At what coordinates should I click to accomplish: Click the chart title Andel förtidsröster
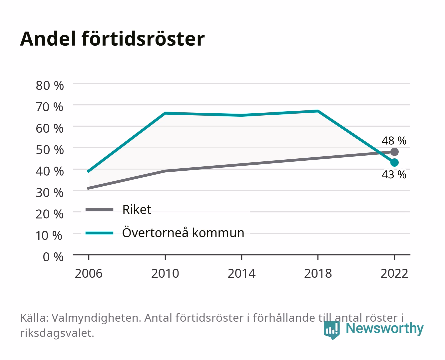(x=112, y=39)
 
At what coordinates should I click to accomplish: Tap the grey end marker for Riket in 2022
(x=394, y=152)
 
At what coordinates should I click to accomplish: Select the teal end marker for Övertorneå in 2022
(x=394, y=162)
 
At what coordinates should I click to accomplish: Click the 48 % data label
(x=394, y=141)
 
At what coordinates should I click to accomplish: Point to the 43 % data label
(x=394, y=175)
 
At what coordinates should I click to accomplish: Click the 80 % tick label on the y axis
(x=50, y=86)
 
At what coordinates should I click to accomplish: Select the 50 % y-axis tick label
(x=50, y=150)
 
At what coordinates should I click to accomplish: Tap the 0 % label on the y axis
(x=53, y=257)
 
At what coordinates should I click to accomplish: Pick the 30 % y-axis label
(x=50, y=193)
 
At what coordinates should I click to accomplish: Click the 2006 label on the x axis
(x=89, y=273)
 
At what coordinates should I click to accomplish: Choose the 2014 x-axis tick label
(x=241, y=273)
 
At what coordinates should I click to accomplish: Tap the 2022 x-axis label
(x=394, y=273)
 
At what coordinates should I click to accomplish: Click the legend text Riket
(x=137, y=209)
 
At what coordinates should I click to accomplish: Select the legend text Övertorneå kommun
(x=183, y=233)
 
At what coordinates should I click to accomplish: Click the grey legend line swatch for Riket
(x=100, y=209)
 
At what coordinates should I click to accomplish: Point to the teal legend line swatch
(x=100, y=233)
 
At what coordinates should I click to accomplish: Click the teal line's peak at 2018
(x=318, y=111)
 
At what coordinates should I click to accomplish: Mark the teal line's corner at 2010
(x=165, y=113)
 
